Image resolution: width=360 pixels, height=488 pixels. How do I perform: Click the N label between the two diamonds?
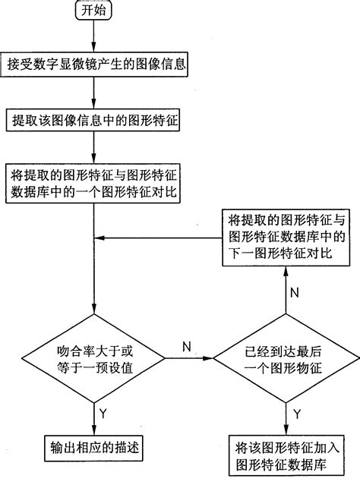(186, 345)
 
